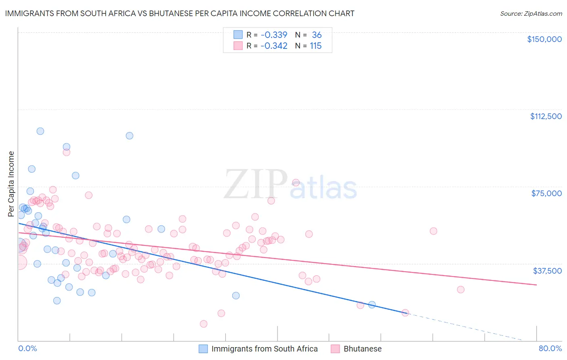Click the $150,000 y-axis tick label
point(544,39)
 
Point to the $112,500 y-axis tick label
point(546,116)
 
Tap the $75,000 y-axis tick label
point(546,193)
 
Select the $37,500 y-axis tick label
point(547,271)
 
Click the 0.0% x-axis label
point(27,348)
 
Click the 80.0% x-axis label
point(550,348)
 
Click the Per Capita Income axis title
point(11,184)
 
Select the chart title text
point(179,13)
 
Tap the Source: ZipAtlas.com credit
point(531,14)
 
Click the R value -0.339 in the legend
point(274,35)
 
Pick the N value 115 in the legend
point(316,46)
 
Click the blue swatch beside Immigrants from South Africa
point(203,349)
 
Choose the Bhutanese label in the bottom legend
point(362,349)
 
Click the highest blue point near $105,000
point(40,131)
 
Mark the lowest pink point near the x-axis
point(204,324)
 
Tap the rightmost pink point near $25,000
point(461,289)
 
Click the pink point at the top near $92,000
point(67,152)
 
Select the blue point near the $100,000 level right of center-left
point(129,136)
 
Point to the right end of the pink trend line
point(536,285)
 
